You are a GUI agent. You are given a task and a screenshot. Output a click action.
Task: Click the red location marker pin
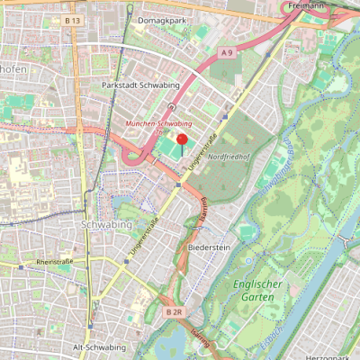[x=182, y=140]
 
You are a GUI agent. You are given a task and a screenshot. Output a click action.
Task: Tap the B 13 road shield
[x=73, y=20]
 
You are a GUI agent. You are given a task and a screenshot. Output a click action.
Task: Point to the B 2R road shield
[x=174, y=311]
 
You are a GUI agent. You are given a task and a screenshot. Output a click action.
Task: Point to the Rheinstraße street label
[x=53, y=262]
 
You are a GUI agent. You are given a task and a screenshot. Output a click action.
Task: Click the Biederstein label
[x=210, y=246]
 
